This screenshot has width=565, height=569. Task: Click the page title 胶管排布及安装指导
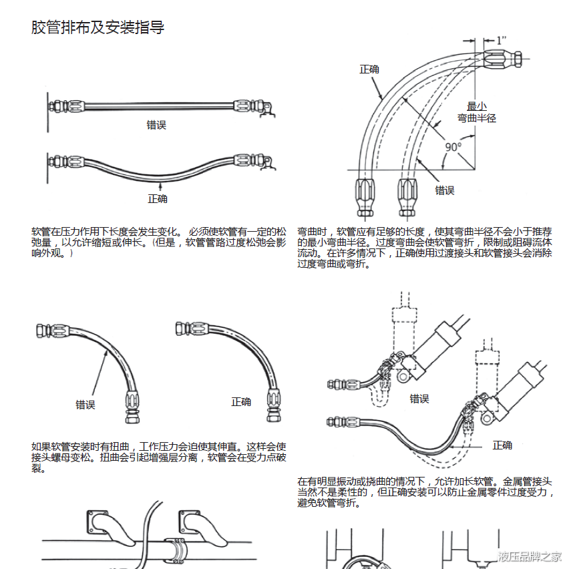click(x=98, y=27)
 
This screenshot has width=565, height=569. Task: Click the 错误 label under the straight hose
click(x=156, y=125)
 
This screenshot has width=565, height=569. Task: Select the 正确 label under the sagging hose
click(x=158, y=198)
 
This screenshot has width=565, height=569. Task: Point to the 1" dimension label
click(x=501, y=40)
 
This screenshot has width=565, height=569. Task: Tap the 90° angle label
click(x=453, y=147)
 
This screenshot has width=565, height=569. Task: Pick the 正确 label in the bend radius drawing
click(x=369, y=69)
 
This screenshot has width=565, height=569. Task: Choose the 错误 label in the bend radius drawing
click(x=445, y=190)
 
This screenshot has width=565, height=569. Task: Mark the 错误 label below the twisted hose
click(x=85, y=404)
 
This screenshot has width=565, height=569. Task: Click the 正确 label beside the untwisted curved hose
click(x=241, y=401)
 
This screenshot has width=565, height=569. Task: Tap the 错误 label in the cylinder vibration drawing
click(x=419, y=399)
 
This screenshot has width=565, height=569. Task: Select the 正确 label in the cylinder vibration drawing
click(x=502, y=445)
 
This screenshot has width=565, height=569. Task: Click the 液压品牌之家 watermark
click(x=529, y=556)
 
